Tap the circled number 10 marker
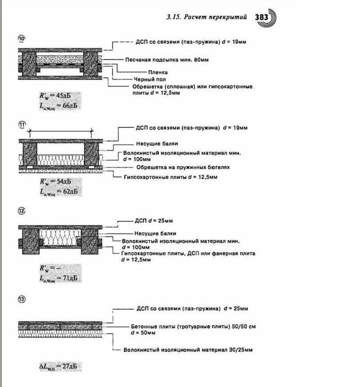click(x=21, y=38)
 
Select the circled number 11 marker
click(x=21, y=124)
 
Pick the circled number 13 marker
click(x=21, y=299)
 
